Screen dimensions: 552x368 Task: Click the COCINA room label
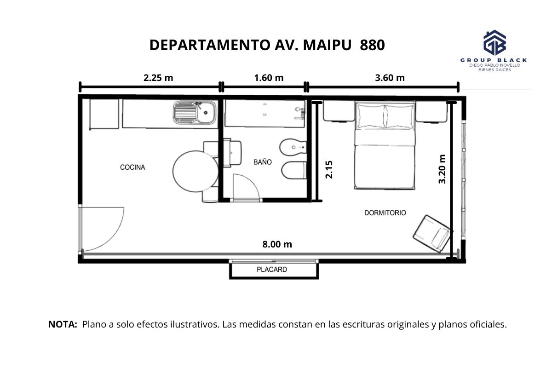tap(132, 167)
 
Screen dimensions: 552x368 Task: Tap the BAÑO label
tap(263, 162)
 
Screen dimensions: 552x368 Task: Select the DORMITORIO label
tap(385, 213)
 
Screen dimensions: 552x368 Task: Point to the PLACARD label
tap(272, 270)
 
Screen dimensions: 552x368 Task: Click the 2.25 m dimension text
tap(158, 78)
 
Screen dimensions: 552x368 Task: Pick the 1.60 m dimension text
tap(269, 78)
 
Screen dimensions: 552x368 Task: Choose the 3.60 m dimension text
tap(390, 78)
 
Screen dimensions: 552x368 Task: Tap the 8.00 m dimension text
tap(277, 244)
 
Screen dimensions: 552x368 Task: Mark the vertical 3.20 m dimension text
tap(442, 169)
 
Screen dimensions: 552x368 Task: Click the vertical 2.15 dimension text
tap(329, 170)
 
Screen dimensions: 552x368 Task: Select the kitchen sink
tap(195, 113)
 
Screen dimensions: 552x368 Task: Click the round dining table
tap(195, 171)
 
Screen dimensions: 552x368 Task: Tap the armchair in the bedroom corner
tap(433, 234)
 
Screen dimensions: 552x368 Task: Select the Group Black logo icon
tap(494, 43)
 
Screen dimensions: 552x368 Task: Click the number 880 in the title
tap(372, 45)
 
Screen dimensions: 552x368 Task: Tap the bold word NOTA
tap(63, 324)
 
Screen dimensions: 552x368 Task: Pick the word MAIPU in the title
tap(327, 45)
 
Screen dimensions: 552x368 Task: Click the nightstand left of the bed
tap(339, 111)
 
